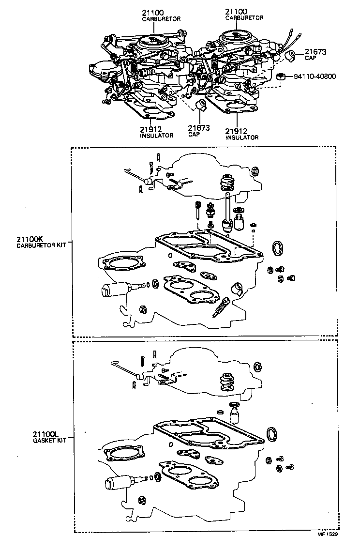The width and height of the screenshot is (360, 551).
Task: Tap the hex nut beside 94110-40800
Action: (x=281, y=76)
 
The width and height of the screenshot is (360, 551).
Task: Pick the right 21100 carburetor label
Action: (x=244, y=14)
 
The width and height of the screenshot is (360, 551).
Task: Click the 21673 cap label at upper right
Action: (x=314, y=54)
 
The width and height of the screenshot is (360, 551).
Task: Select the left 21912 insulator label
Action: (x=156, y=132)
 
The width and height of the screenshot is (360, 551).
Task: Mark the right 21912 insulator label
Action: (x=241, y=134)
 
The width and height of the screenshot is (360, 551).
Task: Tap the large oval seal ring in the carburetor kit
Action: (x=278, y=247)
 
